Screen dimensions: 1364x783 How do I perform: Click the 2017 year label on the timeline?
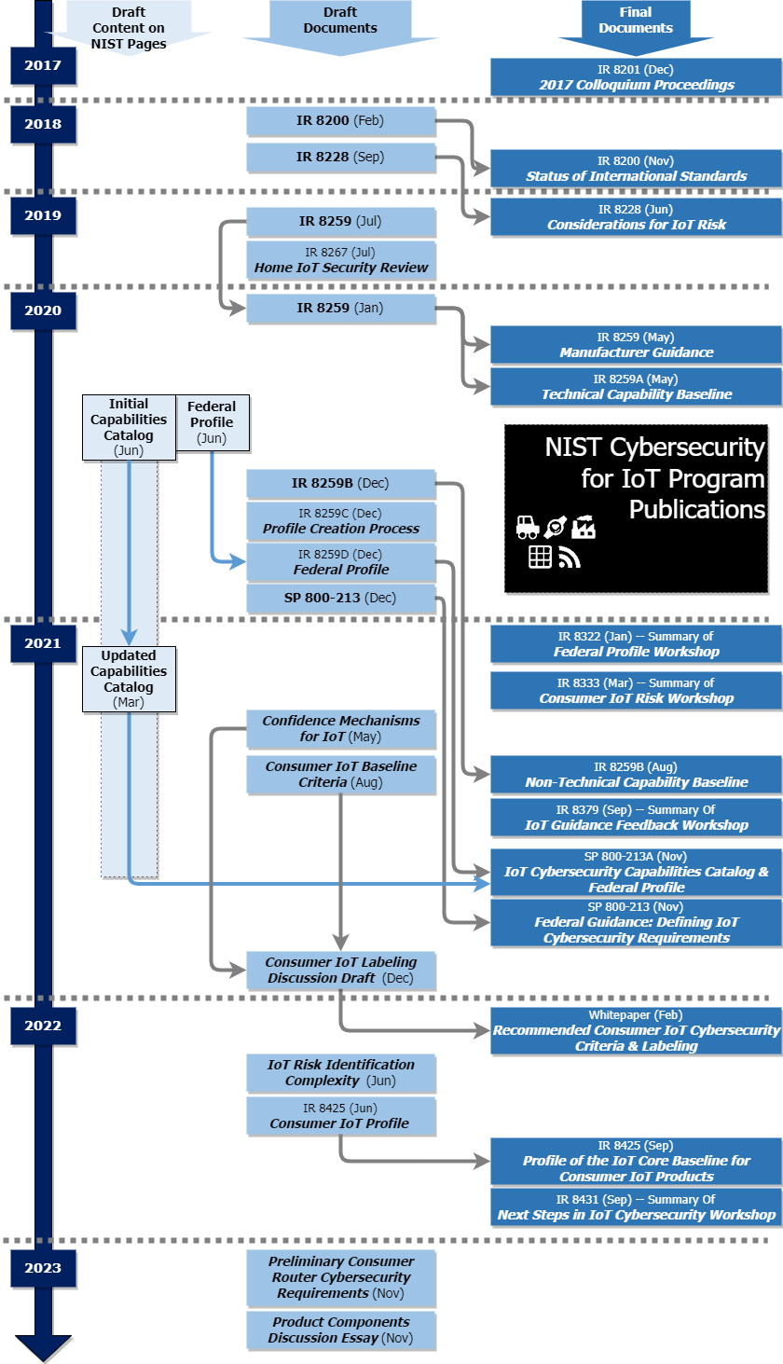coord(43,66)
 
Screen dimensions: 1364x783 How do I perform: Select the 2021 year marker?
coord(43,643)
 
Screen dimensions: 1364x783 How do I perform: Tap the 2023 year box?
coord(43,1268)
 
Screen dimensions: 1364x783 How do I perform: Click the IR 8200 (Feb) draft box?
coord(340,120)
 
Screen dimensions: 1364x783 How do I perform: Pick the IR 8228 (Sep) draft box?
coord(340,157)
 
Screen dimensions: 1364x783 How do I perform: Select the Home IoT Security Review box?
coord(340,259)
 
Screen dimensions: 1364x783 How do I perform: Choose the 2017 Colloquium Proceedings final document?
coord(636,76)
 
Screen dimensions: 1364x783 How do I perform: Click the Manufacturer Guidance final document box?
coord(636,344)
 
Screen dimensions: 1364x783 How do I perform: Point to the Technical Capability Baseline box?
coord(636,386)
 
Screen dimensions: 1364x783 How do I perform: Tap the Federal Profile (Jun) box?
coord(212,422)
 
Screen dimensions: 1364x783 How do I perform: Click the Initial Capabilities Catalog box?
coord(129,427)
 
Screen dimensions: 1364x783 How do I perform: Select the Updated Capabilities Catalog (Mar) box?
coord(129,679)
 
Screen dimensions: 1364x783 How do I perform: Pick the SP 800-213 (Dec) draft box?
coord(340,598)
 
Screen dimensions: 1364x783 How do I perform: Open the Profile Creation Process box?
coord(340,520)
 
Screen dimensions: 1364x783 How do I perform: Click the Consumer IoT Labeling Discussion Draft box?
coord(340,970)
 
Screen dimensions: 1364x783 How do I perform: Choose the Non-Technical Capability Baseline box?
coord(636,774)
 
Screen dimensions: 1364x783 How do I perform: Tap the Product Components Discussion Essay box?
coord(340,1330)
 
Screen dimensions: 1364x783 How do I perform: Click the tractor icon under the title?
coord(528,528)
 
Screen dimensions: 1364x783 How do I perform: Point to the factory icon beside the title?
coord(584,528)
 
